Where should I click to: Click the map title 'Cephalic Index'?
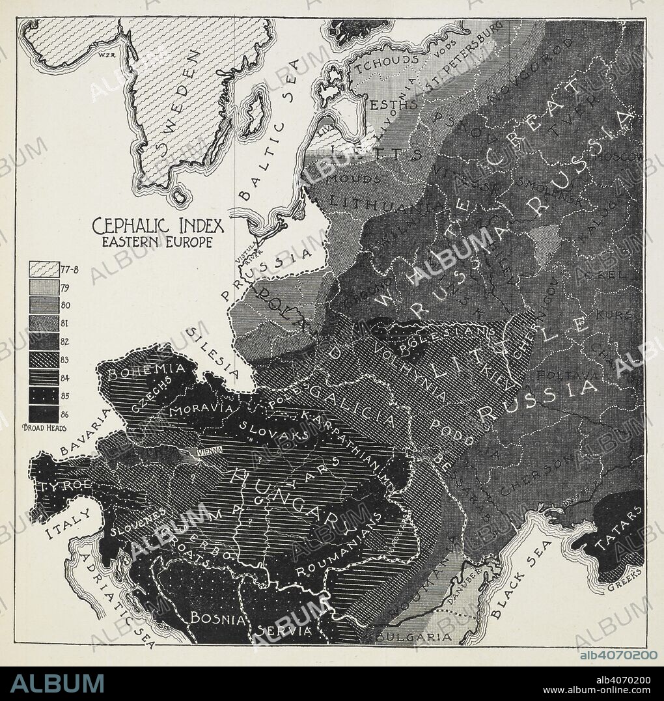[x=158, y=227]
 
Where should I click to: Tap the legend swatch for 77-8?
[x=43, y=269]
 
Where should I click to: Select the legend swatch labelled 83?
[x=43, y=359]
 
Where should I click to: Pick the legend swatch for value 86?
[x=43, y=413]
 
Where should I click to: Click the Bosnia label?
[x=217, y=618]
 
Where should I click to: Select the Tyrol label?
[x=59, y=486]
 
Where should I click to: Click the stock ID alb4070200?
[x=618, y=655]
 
